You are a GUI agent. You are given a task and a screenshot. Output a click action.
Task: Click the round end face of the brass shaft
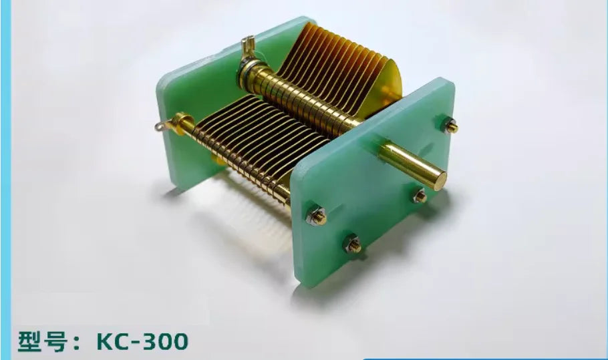pos(440,180)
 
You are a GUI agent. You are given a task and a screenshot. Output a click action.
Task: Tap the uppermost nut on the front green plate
pos(450,126)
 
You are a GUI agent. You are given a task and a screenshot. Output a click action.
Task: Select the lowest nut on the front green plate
pos(353,244)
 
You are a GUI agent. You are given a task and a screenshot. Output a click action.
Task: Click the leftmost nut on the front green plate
pos(317,217)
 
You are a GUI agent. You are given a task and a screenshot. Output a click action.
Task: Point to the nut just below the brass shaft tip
pos(420,196)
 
